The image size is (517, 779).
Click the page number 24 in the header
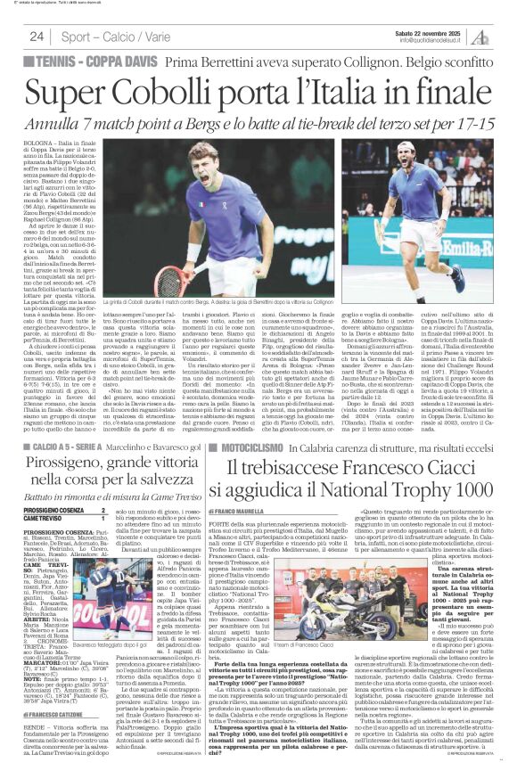[37, 36]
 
